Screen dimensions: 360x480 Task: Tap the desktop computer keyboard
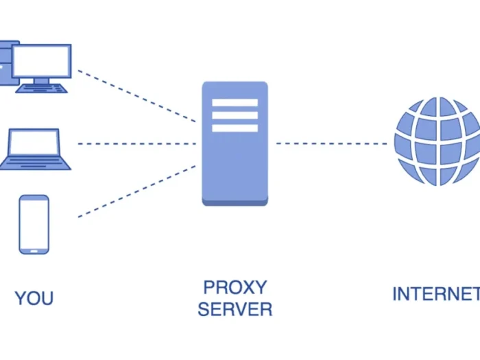pos(42,88)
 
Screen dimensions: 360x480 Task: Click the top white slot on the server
pos(235,103)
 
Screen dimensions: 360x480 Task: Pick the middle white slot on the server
pos(235,115)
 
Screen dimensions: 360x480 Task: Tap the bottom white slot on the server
pos(235,128)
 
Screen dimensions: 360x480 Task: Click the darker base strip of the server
pos(235,201)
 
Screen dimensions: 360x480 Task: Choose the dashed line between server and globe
pos(331,144)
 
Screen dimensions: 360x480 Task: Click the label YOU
pos(34,298)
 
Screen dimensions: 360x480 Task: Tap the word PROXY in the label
pos(235,287)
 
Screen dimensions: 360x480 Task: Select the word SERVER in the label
pos(235,309)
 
